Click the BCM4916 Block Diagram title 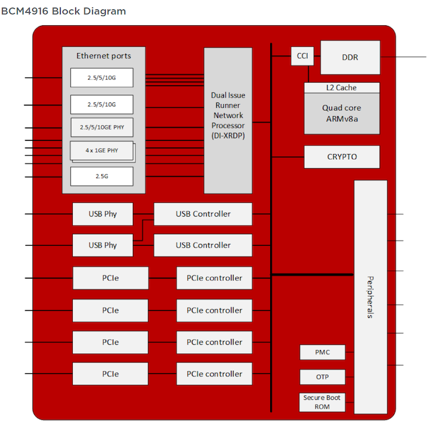(63, 11)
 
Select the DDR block (350, 57)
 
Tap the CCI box (302, 56)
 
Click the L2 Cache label (342, 88)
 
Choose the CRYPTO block (342, 157)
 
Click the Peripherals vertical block (370, 297)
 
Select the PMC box (323, 352)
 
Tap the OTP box (323, 377)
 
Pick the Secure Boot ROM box (323, 402)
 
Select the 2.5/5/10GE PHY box (102, 128)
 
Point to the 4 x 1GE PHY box (102, 151)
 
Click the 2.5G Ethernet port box (102, 176)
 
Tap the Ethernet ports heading (104, 56)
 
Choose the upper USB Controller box (203, 214)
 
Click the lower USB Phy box (103, 245)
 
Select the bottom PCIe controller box (214, 374)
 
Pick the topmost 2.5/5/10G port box (102, 78)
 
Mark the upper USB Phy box (103, 214)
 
